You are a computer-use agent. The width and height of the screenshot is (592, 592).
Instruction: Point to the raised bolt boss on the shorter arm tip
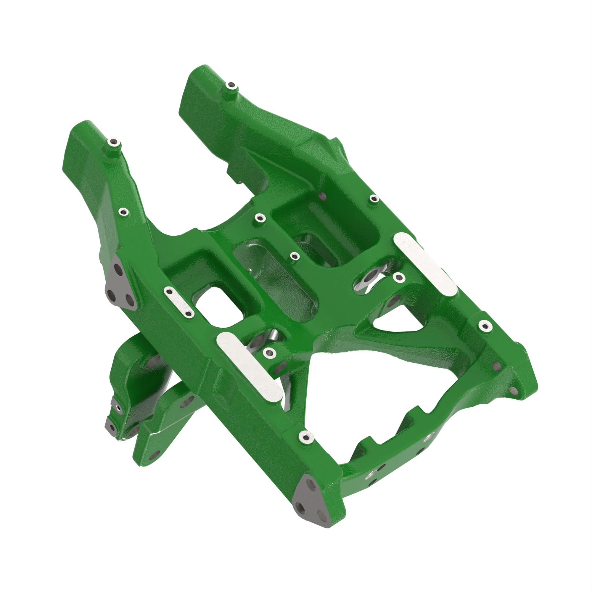[x=230, y=85]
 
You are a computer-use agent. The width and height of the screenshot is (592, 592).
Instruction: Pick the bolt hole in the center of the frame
[x=294, y=255]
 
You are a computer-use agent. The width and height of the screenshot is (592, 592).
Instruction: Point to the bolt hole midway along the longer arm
[x=124, y=211]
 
